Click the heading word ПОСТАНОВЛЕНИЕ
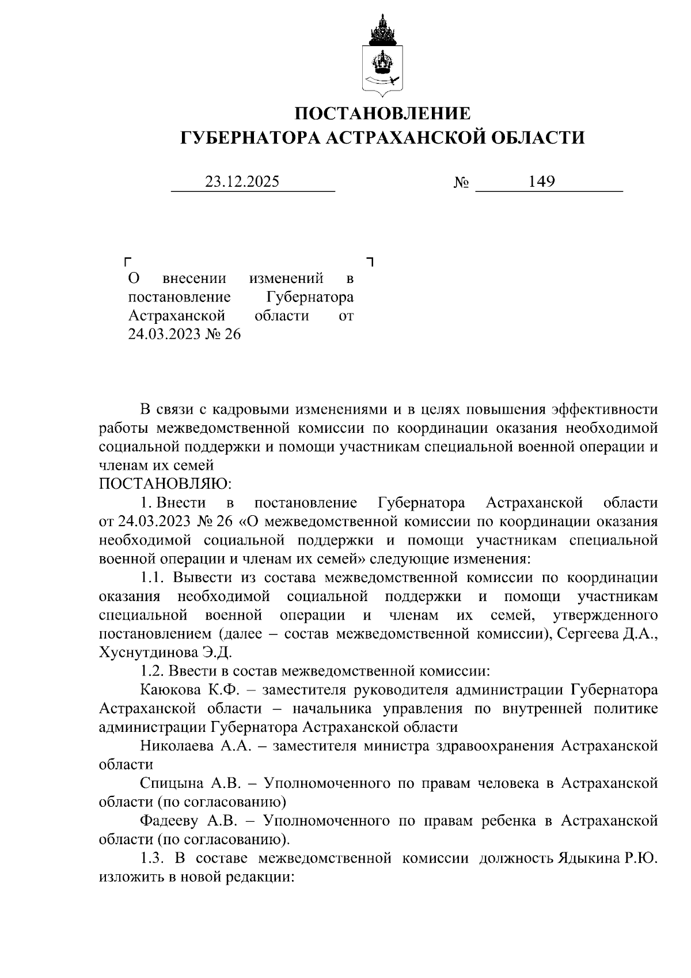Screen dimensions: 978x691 click(x=382, y=113)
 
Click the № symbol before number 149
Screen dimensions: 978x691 click(x=461, y=183)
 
